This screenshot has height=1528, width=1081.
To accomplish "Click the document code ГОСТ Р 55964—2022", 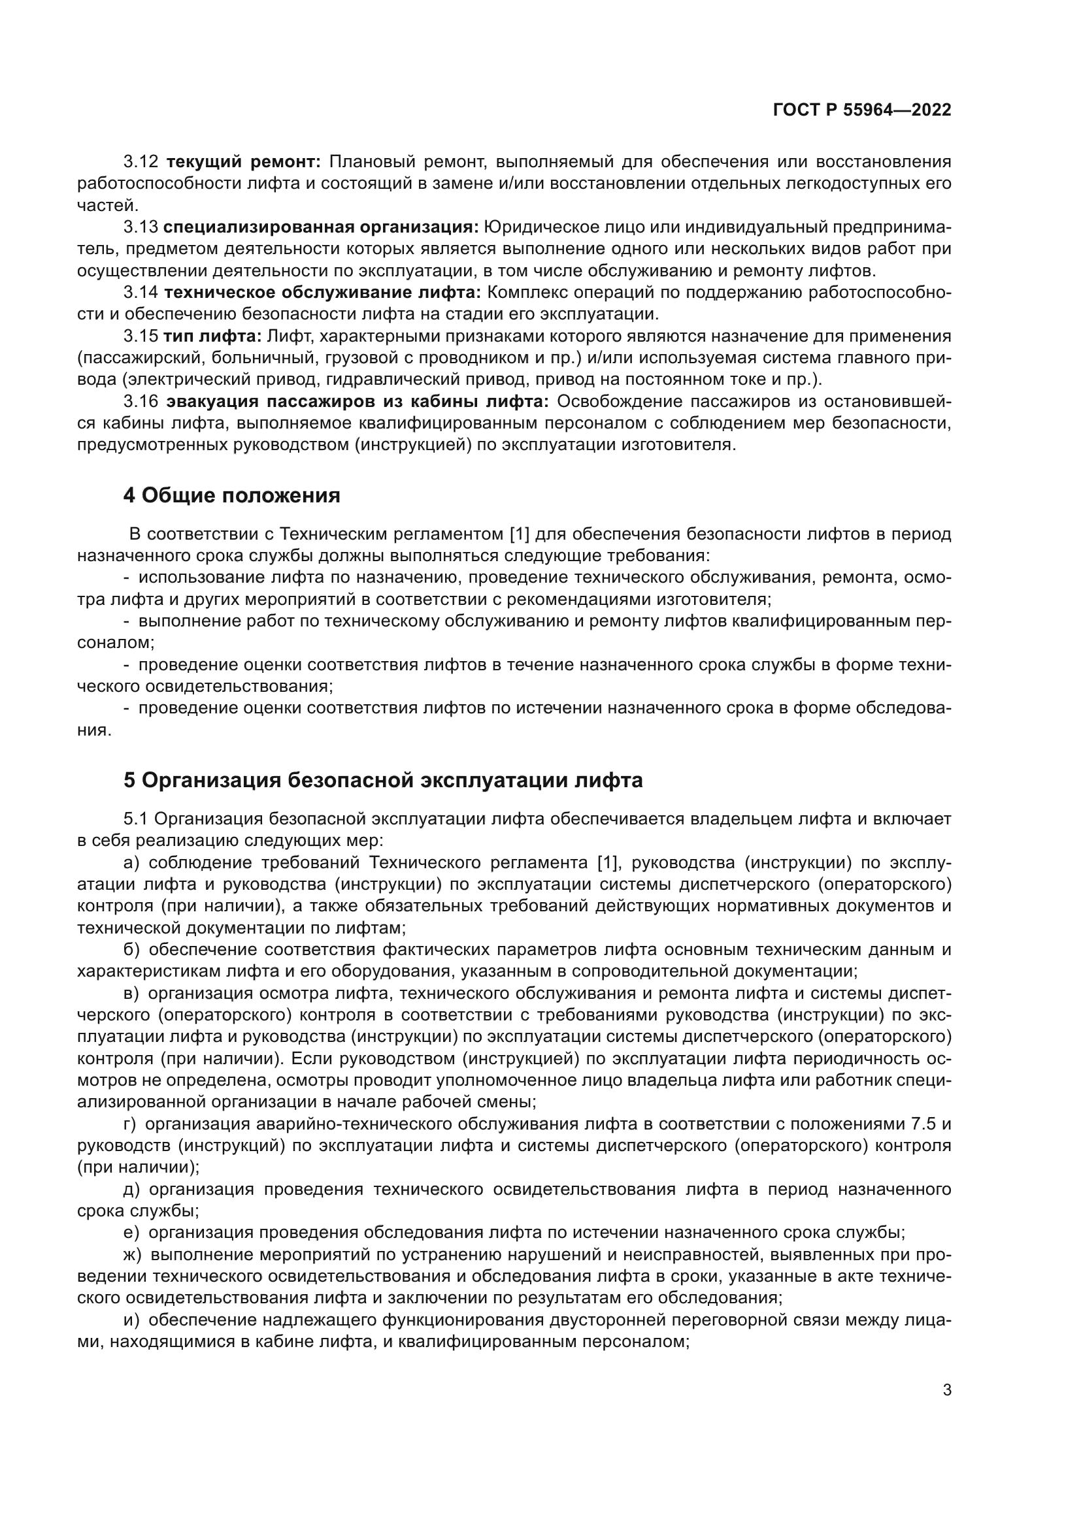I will pos(862,110).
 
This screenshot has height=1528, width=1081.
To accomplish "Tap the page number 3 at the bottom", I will pos(946,1390).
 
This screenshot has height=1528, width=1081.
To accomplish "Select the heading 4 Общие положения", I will pos(231,495).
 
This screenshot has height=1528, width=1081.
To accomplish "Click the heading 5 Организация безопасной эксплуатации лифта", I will pos(383,779).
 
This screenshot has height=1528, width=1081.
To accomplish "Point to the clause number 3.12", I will pos(141,162).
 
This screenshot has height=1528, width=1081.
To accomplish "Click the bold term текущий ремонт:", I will pos(244,162).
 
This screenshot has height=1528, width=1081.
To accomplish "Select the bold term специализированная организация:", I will pos(321,227).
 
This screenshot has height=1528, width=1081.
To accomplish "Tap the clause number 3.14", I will pos(141,292).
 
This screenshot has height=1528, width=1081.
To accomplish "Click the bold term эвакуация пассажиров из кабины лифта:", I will pos(358,401).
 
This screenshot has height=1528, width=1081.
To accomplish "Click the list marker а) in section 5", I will pos(131,863).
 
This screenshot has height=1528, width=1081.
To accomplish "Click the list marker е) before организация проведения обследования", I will pos(131,1233).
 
